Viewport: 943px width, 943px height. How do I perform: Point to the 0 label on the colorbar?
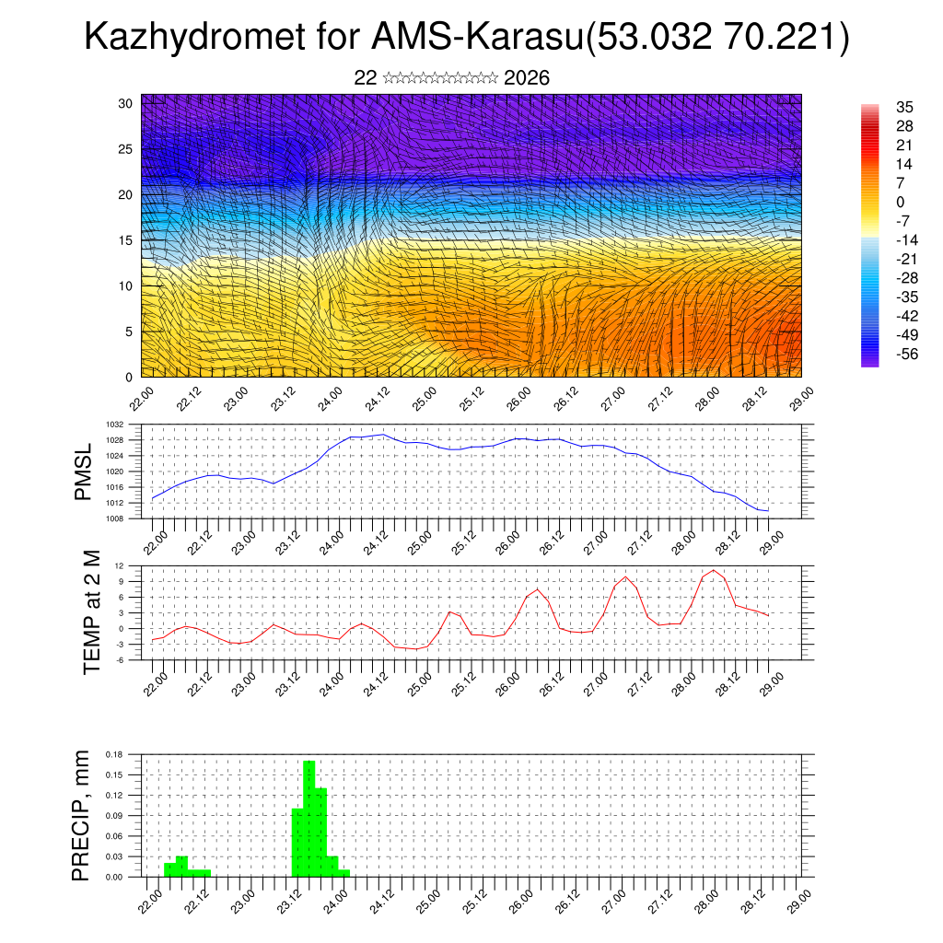coord(900,202)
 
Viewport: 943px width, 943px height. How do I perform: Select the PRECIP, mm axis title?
coord(83,815)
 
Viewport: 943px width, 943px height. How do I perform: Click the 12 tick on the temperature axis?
coord(120,565)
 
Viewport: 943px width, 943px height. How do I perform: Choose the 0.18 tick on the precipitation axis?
coord(114,754)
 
